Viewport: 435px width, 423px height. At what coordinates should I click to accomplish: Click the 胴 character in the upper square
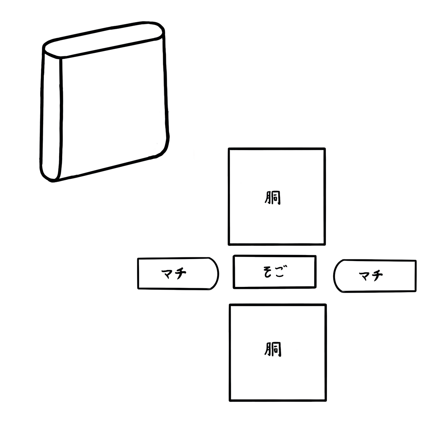tap(273, 198)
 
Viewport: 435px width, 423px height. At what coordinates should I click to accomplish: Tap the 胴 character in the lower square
tap(273, 350)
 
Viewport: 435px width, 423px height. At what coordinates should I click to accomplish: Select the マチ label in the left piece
tap(174, 273)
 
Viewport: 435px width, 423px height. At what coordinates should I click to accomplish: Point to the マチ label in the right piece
tap(371, 275)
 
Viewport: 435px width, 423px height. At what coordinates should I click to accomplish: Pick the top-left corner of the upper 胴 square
tap(229, 149)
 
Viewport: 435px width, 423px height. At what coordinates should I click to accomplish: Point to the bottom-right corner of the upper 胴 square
tap(325, 243)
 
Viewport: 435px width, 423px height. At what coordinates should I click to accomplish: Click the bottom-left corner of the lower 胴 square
tap(230, 401)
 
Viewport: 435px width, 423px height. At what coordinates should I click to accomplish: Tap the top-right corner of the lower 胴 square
tap(325, 305)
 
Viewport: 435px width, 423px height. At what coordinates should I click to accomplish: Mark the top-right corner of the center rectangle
tap(316, 256)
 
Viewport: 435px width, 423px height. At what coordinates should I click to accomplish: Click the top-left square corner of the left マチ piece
tap(138, 259)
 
